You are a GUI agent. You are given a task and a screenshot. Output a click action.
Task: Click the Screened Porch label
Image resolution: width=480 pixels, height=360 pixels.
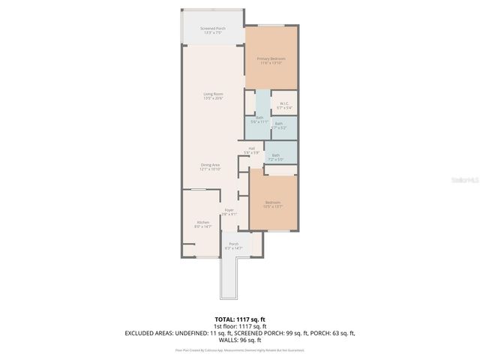(213, 28)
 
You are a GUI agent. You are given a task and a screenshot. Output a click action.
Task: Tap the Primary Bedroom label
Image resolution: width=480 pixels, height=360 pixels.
(271, 58)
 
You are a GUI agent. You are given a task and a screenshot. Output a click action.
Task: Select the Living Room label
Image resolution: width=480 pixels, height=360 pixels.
(213, 94)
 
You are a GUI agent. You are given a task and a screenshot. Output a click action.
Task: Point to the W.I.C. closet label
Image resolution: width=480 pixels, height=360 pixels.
(284, 103)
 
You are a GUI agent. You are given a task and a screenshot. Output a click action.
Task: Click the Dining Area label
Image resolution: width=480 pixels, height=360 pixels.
(210, 165)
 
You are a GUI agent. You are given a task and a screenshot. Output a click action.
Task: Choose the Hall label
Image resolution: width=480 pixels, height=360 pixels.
(252, 148)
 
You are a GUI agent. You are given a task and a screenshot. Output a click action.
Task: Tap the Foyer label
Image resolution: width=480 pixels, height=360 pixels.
(229, 210)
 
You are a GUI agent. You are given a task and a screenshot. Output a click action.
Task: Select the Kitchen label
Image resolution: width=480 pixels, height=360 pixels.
(202, 223)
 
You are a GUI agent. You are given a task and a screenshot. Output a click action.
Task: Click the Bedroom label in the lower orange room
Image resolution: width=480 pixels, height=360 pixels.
(272, 202)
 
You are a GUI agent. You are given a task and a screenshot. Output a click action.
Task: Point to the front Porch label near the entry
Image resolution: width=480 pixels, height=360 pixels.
(234, 244)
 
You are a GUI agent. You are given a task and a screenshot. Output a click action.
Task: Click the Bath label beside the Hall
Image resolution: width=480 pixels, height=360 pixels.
(276, 155)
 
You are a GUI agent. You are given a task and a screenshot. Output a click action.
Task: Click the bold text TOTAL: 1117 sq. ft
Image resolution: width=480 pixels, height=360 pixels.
(239, 320)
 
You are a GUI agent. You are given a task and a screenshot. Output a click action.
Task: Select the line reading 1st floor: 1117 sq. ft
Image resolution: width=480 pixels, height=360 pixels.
(239, 326)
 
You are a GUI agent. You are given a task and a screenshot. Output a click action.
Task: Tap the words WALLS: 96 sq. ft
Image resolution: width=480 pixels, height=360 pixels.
(239, 340)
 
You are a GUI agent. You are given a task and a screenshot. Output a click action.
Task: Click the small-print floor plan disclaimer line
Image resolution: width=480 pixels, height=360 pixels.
(239, 349)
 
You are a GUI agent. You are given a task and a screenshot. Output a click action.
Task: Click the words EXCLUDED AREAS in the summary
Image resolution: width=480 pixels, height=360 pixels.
(150, 333)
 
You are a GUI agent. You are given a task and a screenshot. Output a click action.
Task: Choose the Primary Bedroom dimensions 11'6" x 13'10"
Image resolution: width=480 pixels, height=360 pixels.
(271, 63)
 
